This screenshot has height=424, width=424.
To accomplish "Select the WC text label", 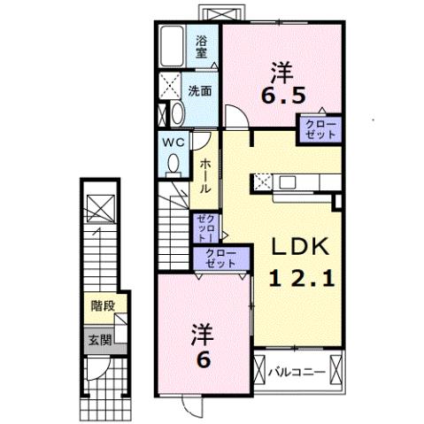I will [172, 141].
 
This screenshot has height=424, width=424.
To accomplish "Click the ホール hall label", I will [204, 176].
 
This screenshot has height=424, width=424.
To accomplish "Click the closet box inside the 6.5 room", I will [320, 130].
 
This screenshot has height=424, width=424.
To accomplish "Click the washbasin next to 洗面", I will [175, 113].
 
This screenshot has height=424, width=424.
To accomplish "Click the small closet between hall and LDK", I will [204, 228].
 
